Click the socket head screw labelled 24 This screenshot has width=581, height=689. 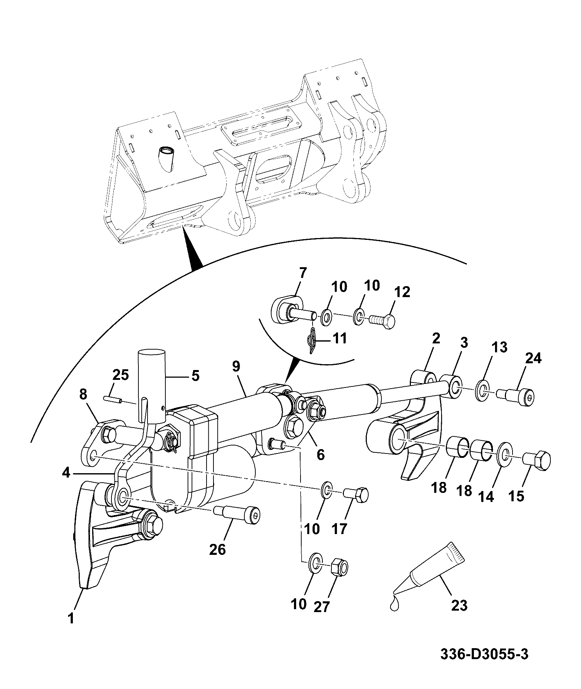point(517,397)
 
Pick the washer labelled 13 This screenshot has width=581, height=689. point(483,392)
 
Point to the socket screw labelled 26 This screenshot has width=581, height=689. point(237,515)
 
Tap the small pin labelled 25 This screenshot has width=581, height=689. point(112,399)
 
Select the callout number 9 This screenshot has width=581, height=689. point(236,367)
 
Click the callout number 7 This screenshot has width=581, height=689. point(303,273)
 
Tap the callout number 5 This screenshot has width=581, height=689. point(196,376)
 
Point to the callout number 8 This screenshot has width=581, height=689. point(83,394)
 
